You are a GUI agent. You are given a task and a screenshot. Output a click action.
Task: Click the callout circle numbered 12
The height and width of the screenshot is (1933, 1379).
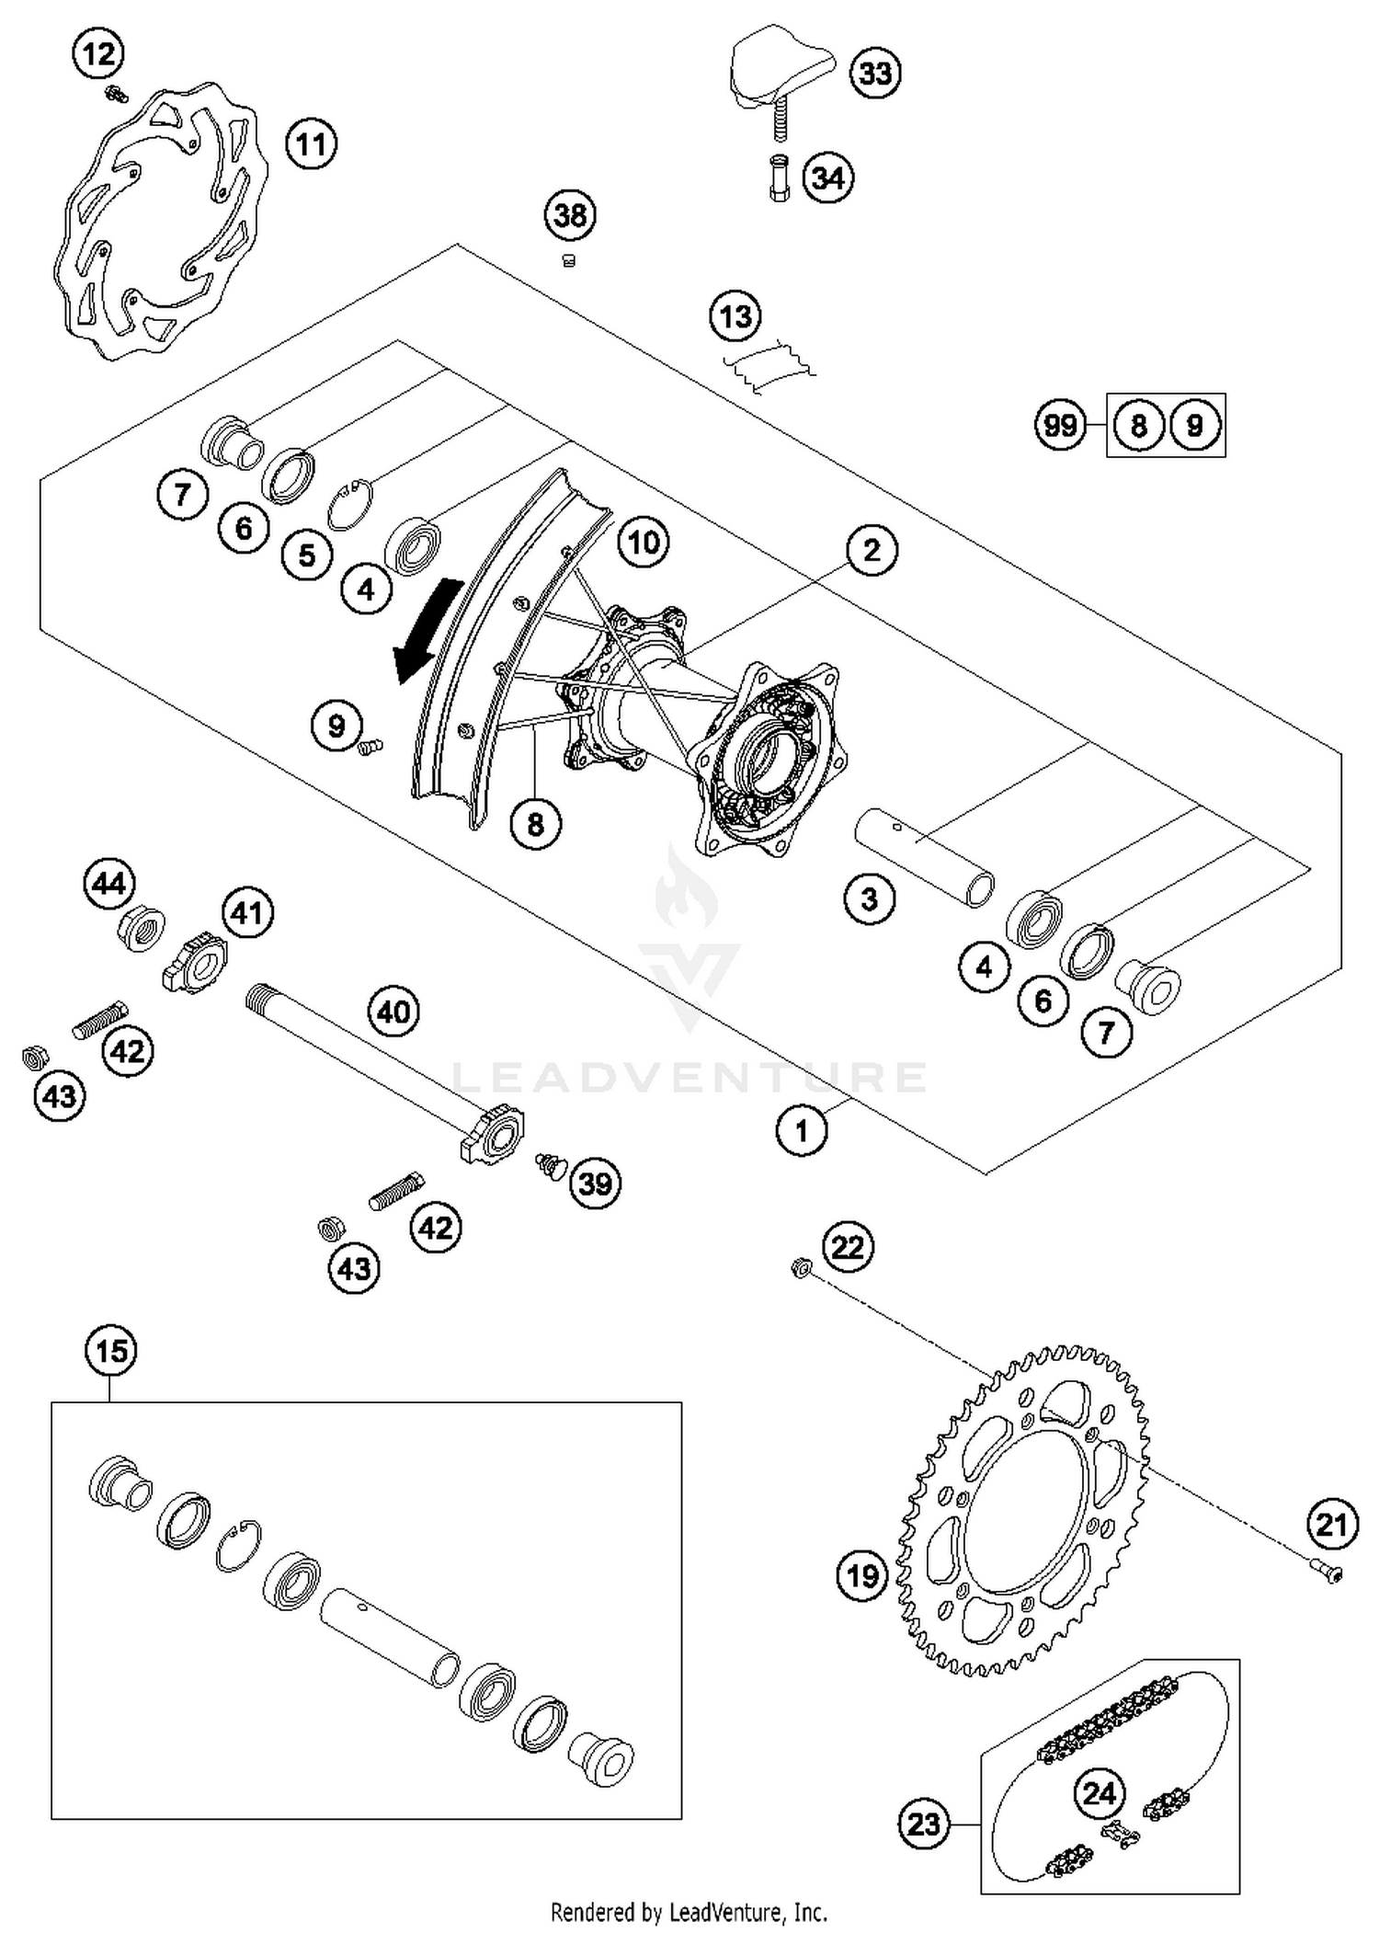tap(99, 54)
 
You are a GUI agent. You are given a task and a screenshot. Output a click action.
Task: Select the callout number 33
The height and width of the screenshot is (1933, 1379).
tap(875, 73)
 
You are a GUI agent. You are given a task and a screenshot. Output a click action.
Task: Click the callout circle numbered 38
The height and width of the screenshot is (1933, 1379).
tap(570, 216)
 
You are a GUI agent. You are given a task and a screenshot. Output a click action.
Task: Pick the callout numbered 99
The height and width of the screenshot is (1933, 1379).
tap(1060, 426)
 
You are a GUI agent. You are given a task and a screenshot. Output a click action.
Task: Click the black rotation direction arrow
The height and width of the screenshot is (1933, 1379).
tap(425, 632)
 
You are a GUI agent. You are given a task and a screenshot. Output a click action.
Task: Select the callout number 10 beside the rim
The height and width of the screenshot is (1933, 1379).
tap(644, 542)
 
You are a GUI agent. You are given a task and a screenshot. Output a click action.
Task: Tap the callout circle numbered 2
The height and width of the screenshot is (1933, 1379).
tap(871, 550)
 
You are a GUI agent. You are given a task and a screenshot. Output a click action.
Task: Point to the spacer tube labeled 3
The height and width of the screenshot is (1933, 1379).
tap(924, 856)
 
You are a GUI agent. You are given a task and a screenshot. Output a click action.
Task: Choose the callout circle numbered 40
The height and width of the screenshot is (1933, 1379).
tap(393, 1012)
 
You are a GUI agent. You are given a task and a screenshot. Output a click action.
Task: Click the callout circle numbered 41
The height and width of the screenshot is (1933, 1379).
tap(246, 914)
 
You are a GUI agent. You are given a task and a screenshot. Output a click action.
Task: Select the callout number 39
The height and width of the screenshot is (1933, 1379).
tap(595, 1184)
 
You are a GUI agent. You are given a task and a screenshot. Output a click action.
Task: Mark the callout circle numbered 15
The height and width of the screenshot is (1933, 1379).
tap(111, 1351)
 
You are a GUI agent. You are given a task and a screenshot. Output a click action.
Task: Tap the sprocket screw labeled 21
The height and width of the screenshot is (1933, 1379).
tap(1325, 1573)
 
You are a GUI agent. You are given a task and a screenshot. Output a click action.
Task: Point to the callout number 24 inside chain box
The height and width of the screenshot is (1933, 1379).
tap(1099, 1792)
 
